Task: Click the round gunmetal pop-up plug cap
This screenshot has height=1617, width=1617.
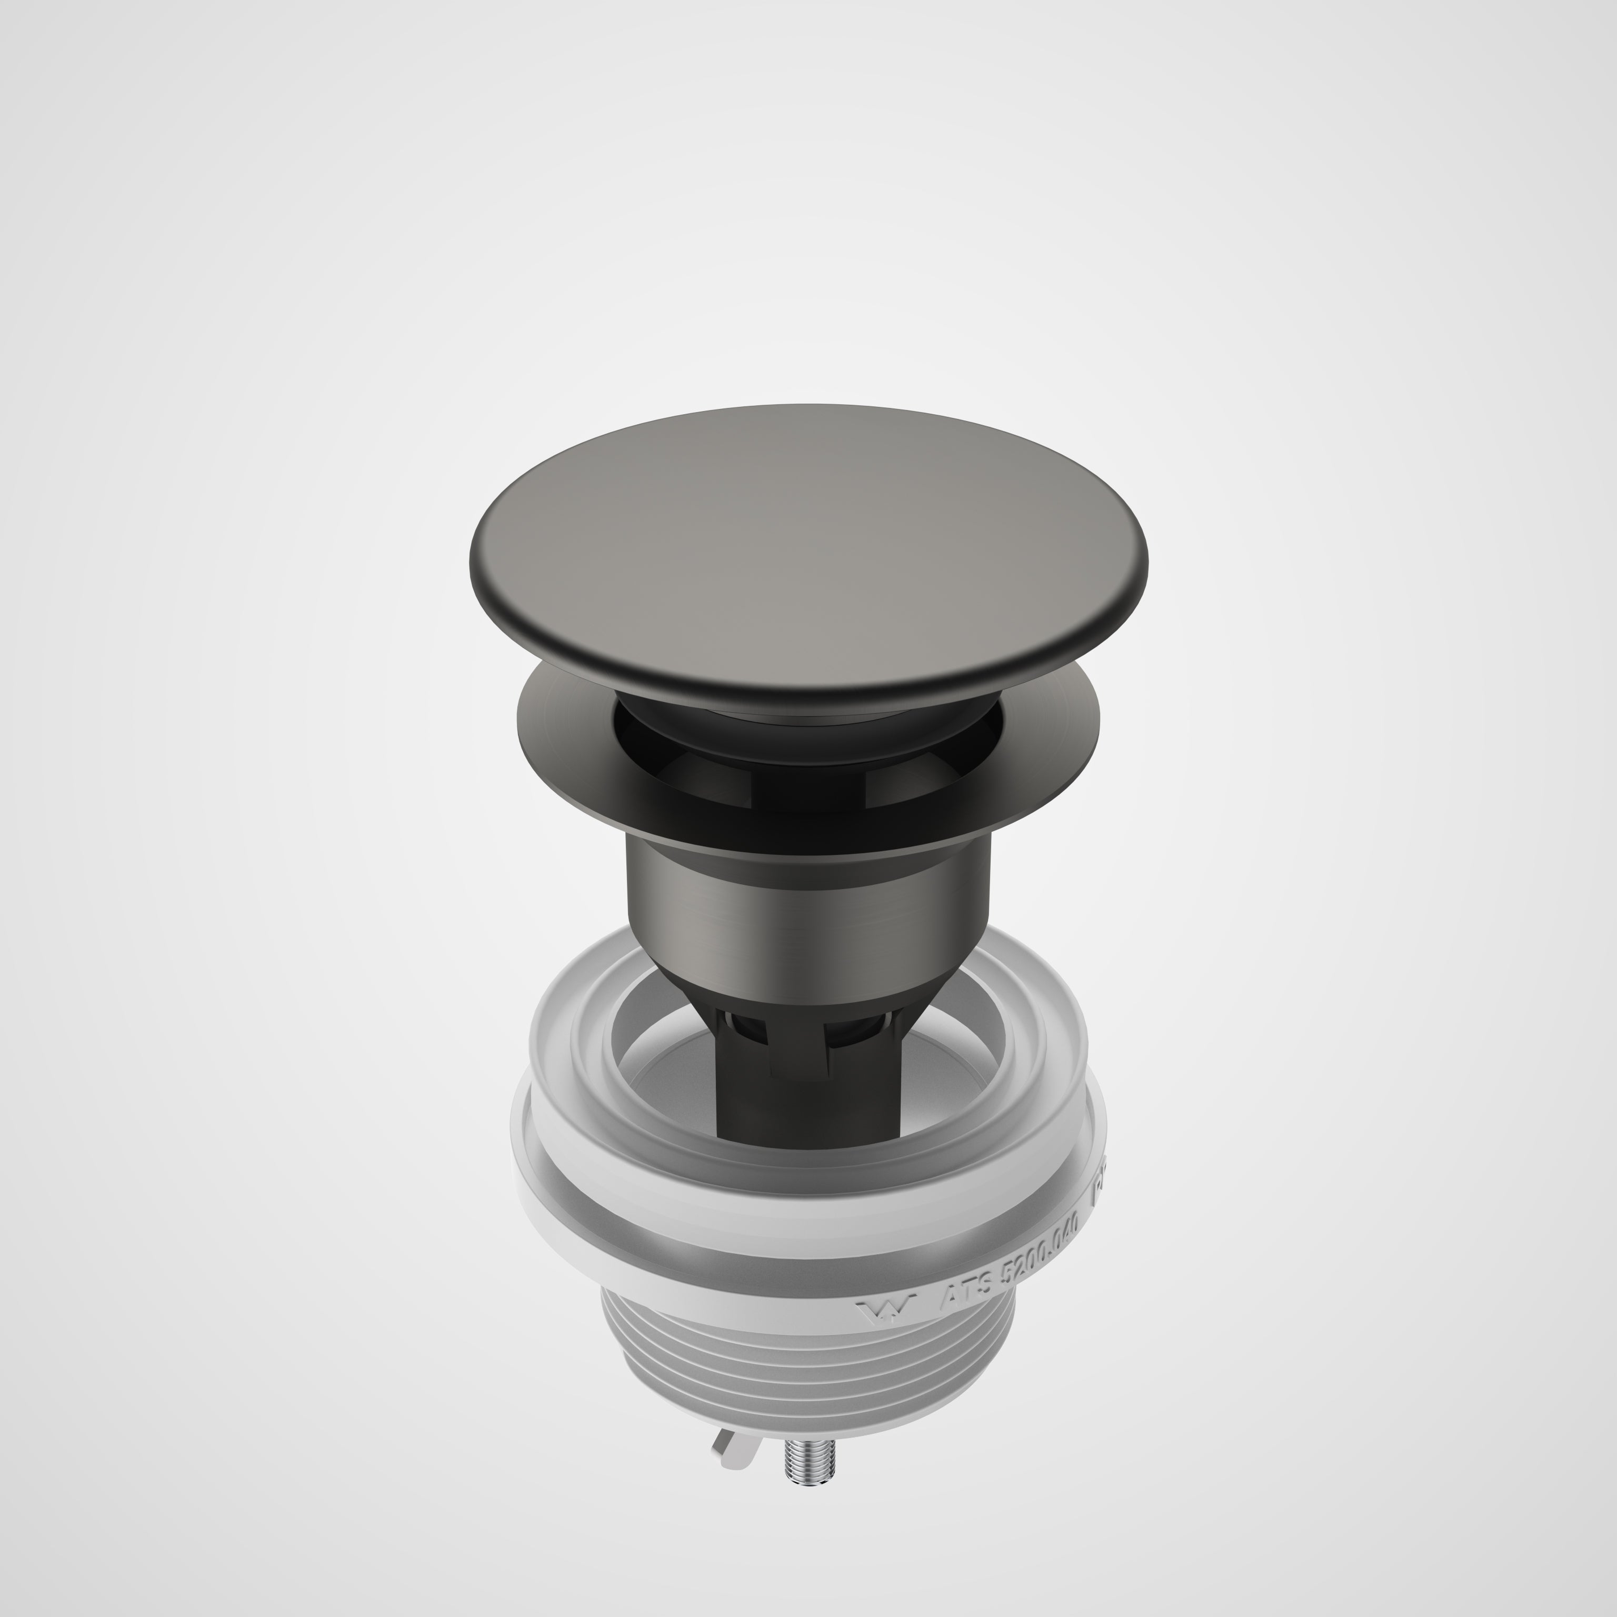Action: point(807,536)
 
